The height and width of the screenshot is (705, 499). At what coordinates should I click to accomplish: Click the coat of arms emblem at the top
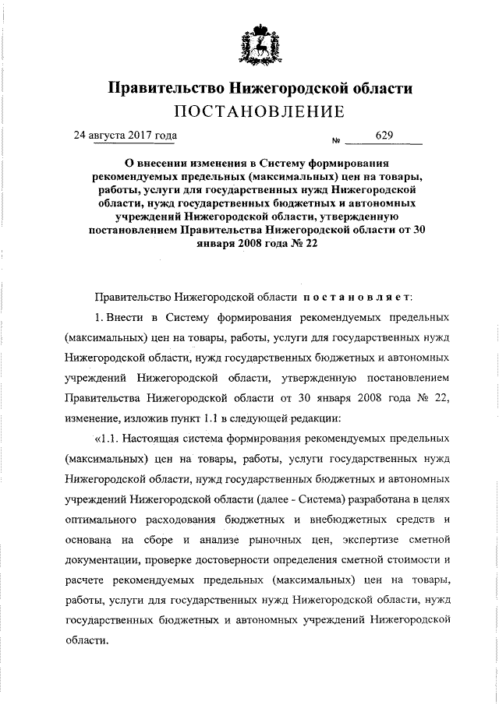click(259, 46)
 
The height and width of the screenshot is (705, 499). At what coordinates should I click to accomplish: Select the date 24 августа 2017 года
click(125, 135)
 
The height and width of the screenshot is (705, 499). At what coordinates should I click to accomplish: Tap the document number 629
click(384, 136)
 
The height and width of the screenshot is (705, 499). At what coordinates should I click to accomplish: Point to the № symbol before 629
click(338, 141)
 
